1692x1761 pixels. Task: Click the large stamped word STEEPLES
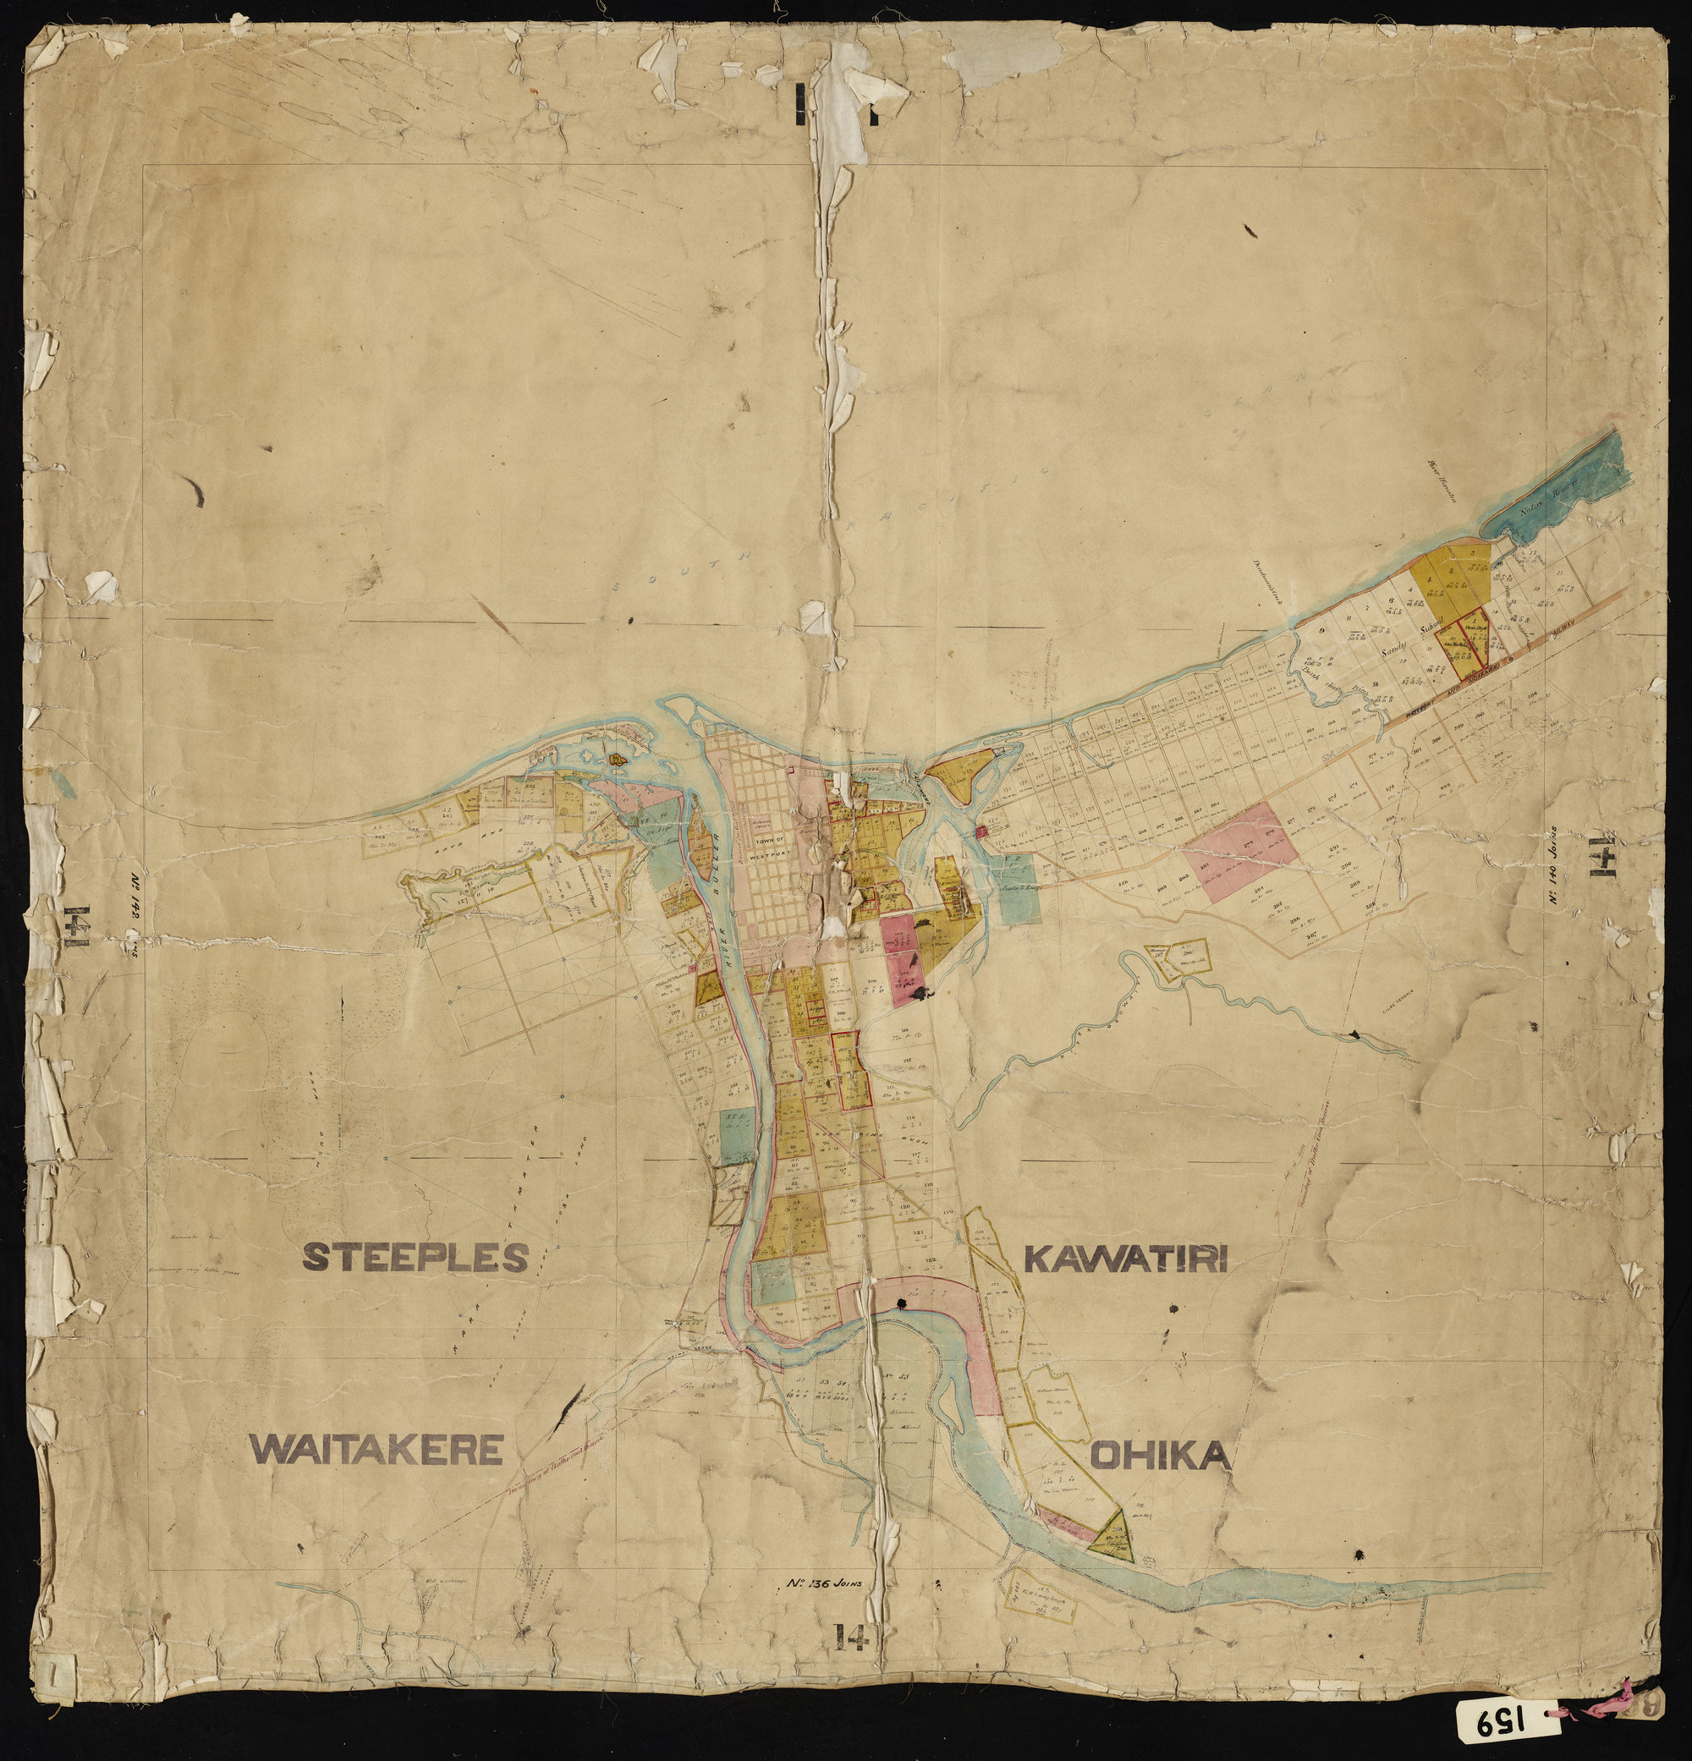point(415,1257)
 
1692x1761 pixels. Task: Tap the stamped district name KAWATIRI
point(1126,1259)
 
